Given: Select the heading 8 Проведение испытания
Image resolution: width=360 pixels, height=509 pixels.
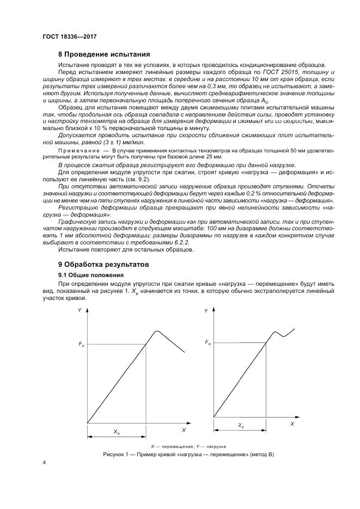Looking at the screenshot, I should [103, 54].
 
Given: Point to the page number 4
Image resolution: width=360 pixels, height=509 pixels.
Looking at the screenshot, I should [44, 462].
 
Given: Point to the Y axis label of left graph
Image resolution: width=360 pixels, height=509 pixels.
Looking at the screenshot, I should [80, 310].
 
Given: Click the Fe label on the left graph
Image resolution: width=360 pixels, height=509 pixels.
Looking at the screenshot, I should [81, 345].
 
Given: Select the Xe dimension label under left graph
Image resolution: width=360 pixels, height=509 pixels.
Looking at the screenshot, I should [117, 431].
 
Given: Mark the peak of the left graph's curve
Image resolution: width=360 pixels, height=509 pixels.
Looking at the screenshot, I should [157, 331].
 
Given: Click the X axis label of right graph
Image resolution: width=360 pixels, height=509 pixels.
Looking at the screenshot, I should [292, 423].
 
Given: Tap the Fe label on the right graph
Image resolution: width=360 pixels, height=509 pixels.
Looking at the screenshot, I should [208, 342].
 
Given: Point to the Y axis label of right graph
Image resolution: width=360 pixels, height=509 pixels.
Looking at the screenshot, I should [206, 310].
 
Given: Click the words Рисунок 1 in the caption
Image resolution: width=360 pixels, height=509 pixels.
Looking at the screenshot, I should [116, 454].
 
